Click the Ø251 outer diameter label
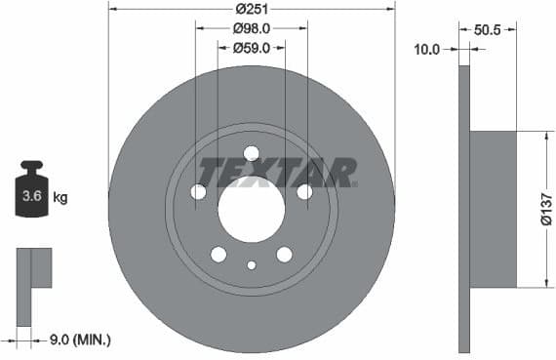click(x=252, y=9)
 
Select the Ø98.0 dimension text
click(x=252, y=28)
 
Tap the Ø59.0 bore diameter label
click(x=252, y=48)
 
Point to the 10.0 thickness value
click(x=427, y=48)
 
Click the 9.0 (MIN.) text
click(x=80, y=340)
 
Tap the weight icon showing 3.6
click(x=32, y=193)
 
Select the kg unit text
click(x=60, y=198)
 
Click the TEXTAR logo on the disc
click(x=277, y=173)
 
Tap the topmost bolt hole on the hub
click(x=251, y=153)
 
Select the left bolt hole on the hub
click(x=199, y=192)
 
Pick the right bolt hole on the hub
click(x=304, y=192)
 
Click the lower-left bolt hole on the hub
click(x=218, y=255)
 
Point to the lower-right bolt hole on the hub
click(x=284, y=255)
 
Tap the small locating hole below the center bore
click(x=251, y=265)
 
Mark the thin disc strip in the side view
click(x=463, y=209)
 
